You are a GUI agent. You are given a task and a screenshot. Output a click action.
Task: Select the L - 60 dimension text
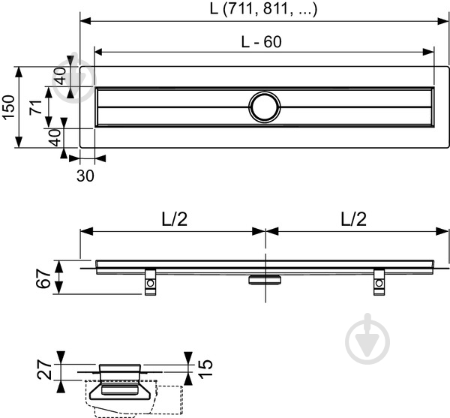pyautogui.click(x=262, y=43)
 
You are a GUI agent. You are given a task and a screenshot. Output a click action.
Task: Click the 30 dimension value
pyautogui.click(x=85, y=174)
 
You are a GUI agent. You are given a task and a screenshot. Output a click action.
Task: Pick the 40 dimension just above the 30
pyautogui.click(x=54, y=138)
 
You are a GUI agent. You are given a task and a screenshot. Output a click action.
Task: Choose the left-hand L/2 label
pyautogui.click(x=173, y=219)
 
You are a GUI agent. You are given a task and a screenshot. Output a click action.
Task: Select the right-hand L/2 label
pyautogui.click(x=355, y=219)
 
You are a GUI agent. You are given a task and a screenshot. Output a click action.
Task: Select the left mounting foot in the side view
pyautogui.click(x=151, y=281)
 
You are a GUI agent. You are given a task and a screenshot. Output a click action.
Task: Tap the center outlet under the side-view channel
pyautogui.click(x=264, y=279)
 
